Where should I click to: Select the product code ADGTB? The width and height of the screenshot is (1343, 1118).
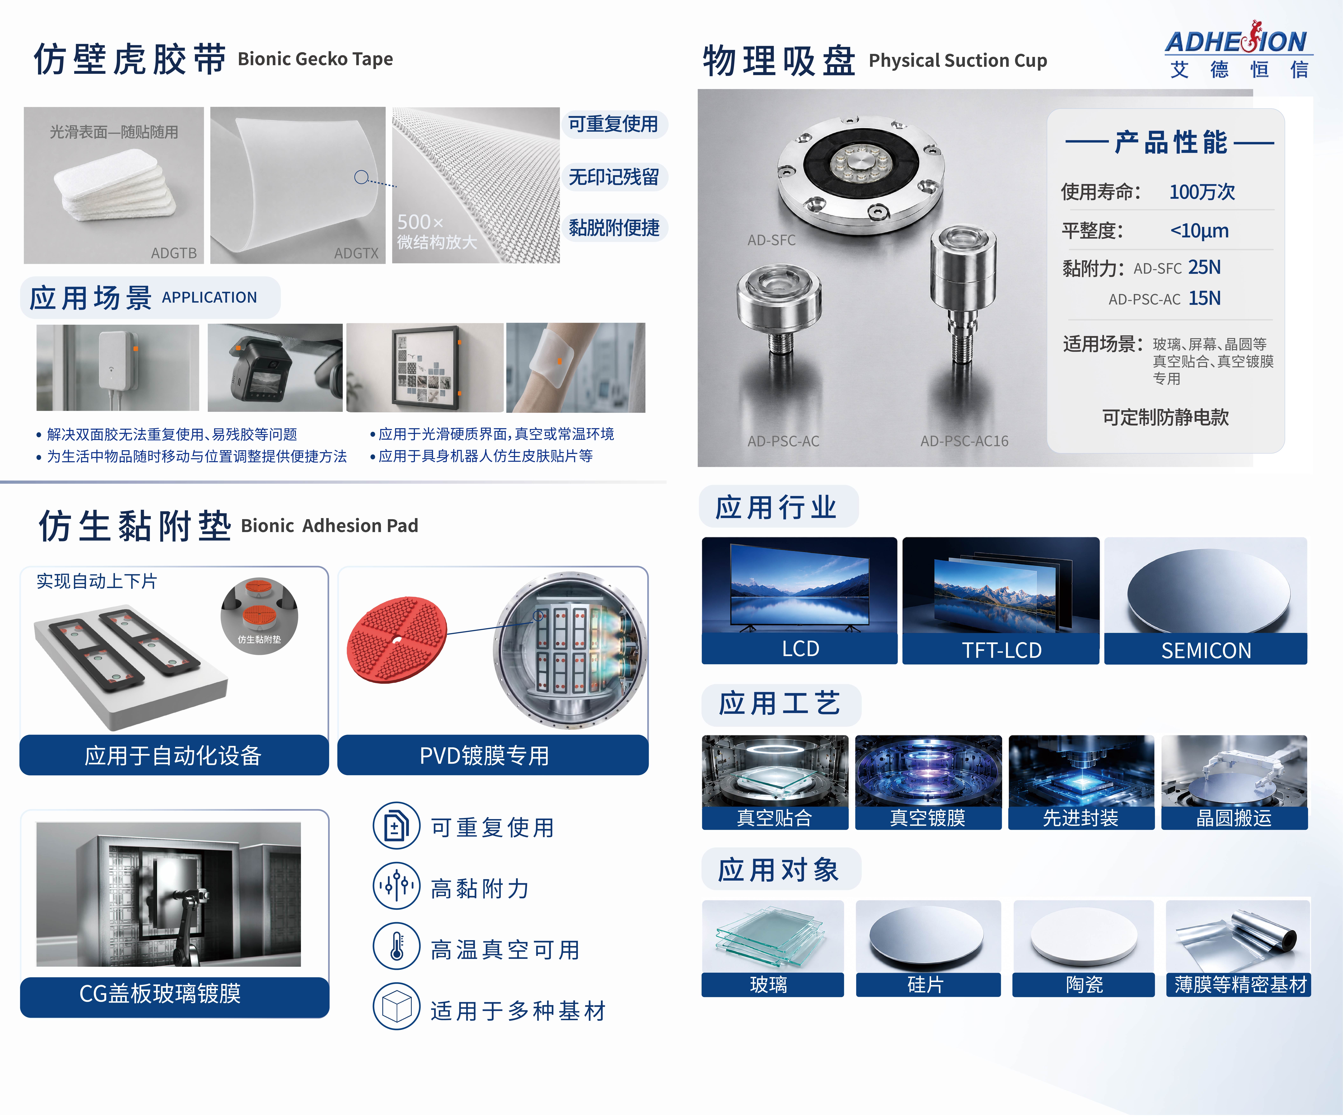173,253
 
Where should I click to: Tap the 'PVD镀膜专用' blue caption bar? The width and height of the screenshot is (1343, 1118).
492,755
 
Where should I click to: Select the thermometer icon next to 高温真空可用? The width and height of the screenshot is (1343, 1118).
396,946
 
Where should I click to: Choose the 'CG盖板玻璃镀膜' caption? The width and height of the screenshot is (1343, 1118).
160,993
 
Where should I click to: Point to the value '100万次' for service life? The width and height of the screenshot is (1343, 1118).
1202,192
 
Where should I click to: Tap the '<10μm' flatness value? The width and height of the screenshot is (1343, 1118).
1199,231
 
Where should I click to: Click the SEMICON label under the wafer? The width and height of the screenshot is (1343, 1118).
1206,651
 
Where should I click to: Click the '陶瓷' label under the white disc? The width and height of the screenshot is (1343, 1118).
1084,984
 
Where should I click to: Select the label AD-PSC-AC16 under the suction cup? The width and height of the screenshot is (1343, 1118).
964,441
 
